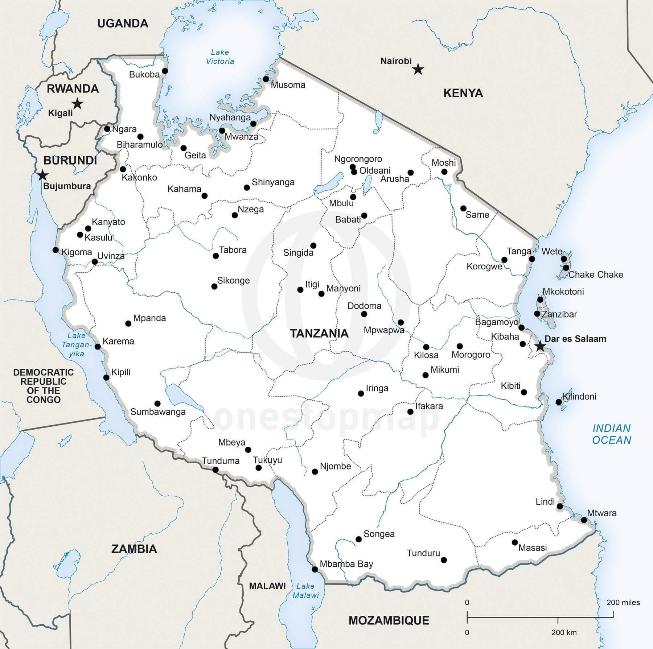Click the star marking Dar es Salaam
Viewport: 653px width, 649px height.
(540, 346)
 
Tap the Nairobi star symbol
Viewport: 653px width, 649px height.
(418, 69)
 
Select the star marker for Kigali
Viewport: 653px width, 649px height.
(77, 104)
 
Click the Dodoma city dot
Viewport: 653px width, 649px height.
(364, 314)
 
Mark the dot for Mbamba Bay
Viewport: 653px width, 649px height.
(315, 570)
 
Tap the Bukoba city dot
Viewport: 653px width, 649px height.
(165, 71)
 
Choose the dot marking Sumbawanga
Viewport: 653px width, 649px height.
(157, 404)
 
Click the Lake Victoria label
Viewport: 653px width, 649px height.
(220, 57)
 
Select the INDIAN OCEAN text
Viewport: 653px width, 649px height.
(612, 434)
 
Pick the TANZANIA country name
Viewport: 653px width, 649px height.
(319, 334)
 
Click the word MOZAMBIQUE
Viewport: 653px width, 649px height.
(389, 620)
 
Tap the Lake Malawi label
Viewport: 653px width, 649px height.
(305, 591)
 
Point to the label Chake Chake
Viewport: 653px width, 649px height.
(595, 274)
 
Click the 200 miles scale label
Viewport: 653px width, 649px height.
(623, 603)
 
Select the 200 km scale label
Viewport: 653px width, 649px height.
(564, 633)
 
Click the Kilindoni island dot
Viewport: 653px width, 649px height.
(559, 402)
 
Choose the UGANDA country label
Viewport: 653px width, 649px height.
(123, 24)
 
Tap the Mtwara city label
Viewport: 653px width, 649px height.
(601, 513)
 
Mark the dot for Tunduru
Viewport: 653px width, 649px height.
(444, 560)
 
